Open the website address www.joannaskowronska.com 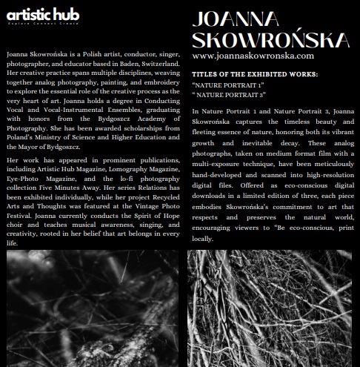click(252, 56)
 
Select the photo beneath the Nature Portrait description click(270, 308)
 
